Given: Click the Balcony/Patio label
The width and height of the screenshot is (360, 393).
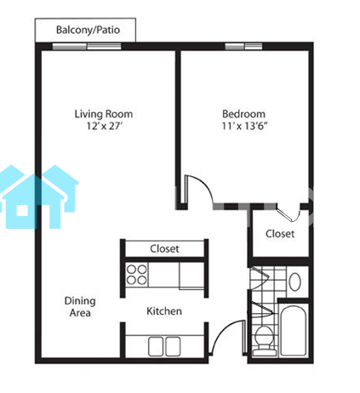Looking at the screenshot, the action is pyautogui.click(x=88, y=30).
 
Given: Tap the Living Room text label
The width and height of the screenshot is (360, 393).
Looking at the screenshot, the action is pyautogui.click(x=104, y=114).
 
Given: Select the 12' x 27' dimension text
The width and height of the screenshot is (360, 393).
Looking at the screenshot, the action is pyautogui.click(x=105, y=126).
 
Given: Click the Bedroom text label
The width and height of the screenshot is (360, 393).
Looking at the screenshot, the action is pyautogui.click(x=243, y=114).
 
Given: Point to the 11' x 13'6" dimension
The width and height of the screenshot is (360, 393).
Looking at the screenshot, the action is pyautogui.click(x=244, y=126).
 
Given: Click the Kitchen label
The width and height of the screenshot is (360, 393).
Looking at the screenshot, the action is pyautogui.click(x=164, y=311).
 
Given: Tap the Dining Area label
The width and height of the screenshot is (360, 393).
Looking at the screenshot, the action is pyautogui.click(x=80, y=307).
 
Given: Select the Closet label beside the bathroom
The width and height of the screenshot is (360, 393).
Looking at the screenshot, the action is pyautogui.click(x=280, y=234).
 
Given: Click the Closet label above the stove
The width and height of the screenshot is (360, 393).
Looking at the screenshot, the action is pyautogui.click(x=164, y=248).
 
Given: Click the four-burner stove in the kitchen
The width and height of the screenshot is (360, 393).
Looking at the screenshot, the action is pyautogui.click(x=137, y=274).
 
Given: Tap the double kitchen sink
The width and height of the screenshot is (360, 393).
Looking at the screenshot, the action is pyautogui.click(x=164, y=346).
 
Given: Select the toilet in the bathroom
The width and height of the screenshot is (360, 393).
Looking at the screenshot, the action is pyautogui.click(x=264, y=339).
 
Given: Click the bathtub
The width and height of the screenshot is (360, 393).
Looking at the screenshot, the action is pyautogui.click(x=293, y=330).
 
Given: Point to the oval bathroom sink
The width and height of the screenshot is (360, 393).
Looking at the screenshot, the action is pyautogui.click(x=294, y=282).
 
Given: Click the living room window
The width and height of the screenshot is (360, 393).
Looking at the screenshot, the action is pyautogui.click(x=87, y=46).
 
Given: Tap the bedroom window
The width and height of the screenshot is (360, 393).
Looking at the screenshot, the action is pyautogui.click(x=243, y=46).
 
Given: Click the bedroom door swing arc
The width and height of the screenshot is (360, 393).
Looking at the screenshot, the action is pyautogui.click(x=203, y=184).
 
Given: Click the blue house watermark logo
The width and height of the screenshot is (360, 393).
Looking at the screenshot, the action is pyautogui.click(x=39, y=196).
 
